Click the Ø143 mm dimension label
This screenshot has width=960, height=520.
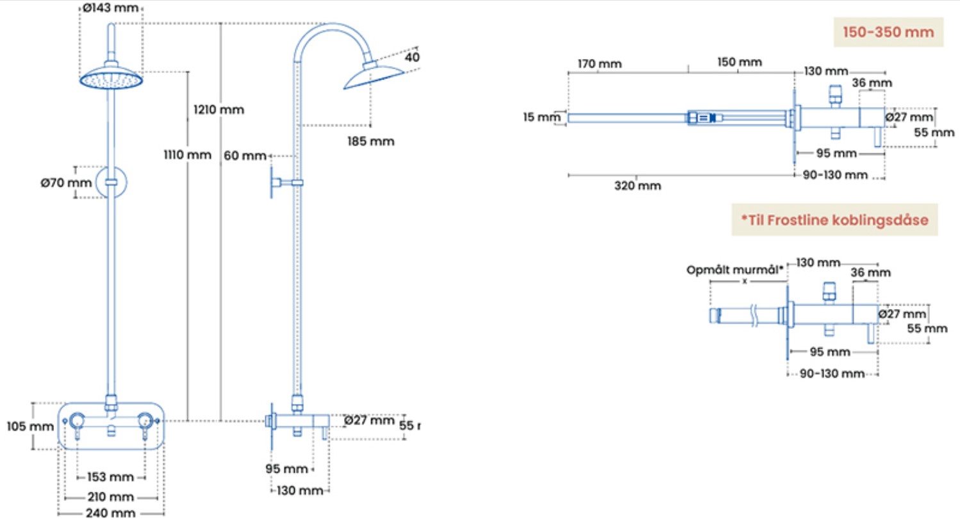(110, 8)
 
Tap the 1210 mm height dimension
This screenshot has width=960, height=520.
(219, 110)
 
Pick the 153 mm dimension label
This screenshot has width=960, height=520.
(111, 477)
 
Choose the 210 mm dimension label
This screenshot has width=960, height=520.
(111, 497)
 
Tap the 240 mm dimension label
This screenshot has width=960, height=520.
(111, 513)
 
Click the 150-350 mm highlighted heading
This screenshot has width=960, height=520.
(888, 32)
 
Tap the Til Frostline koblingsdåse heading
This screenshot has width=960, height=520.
(834, 219)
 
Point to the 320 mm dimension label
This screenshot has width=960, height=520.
(637, 186)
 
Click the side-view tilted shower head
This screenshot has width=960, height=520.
(374, 76)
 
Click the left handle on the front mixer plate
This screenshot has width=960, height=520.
(78, 421)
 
